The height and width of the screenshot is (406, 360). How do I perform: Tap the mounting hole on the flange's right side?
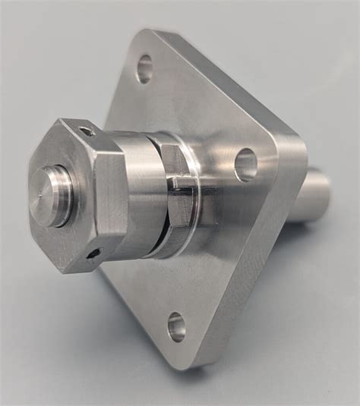(x=245, y=164)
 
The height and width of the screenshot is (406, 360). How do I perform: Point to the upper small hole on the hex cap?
(x=88, y=131)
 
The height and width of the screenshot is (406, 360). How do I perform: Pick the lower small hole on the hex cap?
(x=93, y=253)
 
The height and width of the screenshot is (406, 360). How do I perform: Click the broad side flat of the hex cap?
(x=111, y=194)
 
